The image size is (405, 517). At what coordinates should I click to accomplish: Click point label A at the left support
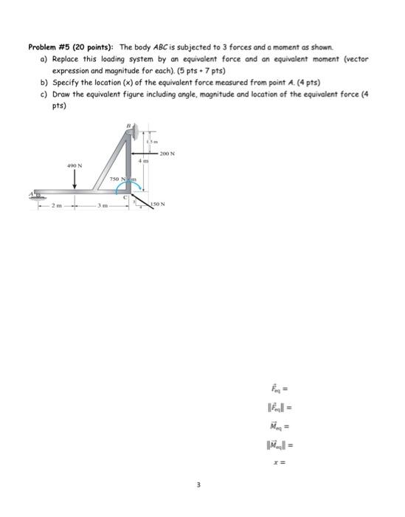pos(31,194)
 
